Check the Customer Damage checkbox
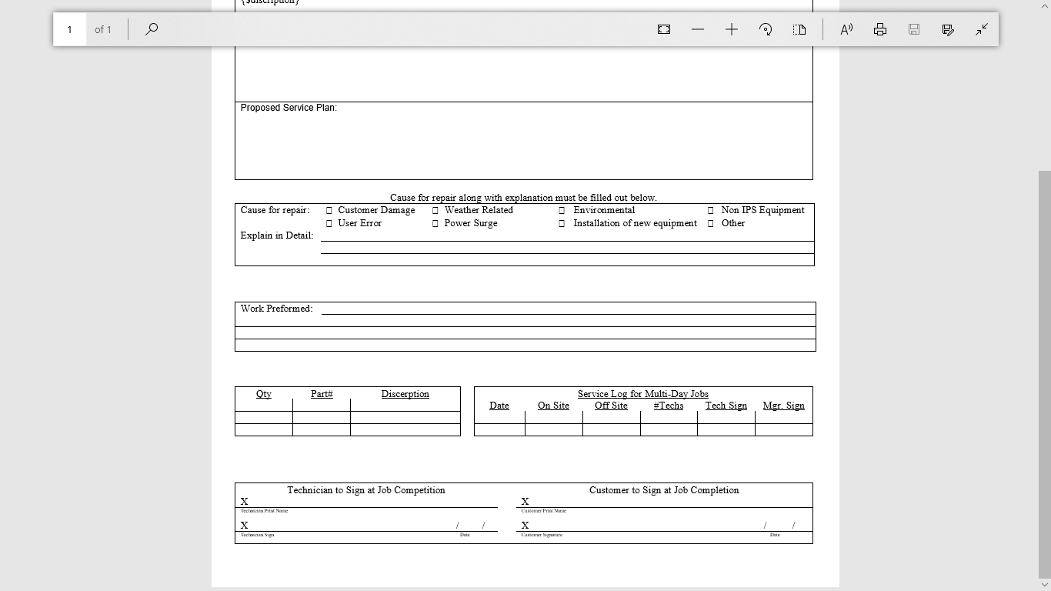click(329, 210)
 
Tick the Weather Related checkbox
click(435, 210)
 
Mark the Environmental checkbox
click(562, 210)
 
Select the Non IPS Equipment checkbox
click(711, 210)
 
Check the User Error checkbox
click(329, 223)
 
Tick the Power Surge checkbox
click(435, 223)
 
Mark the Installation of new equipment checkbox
click(562, 223)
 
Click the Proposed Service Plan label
click(289, 108)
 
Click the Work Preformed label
click(276, 309)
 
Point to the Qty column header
click(264, 394)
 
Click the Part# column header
click(322, 394)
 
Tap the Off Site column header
click(611, 406)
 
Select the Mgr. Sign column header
click(783, 406)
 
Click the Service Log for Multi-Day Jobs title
click(643, 394)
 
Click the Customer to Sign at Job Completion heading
click(664, 490)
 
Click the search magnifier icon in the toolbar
click(152, 29)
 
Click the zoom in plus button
click(732, 29)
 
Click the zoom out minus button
click(698, 29)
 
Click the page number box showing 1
click(69, 29)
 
